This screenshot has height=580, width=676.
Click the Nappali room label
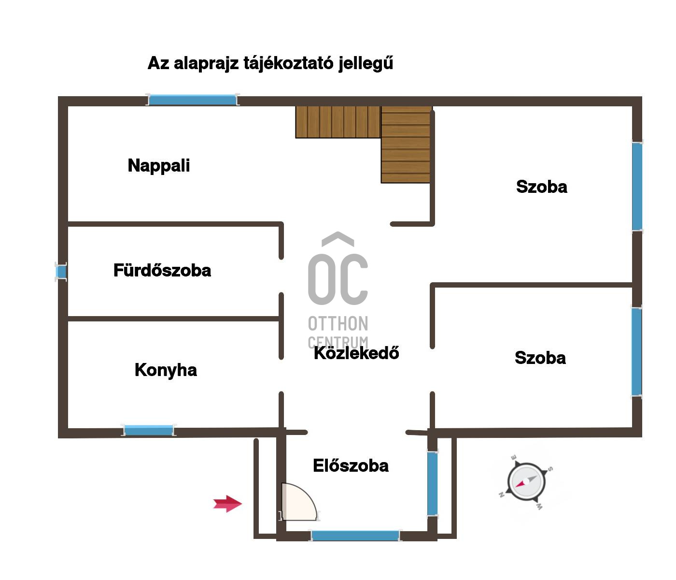point(158,166)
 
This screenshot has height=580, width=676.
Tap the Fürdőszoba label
point(162,270)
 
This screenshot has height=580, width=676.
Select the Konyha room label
point(166,371)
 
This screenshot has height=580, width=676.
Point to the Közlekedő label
point(356,353)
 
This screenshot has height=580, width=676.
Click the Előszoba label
point(351,465)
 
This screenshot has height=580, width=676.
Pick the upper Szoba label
point(542,187)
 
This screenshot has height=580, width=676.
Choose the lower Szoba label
point(540,358)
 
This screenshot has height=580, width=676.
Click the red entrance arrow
point(227,504)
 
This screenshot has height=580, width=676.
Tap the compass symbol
point(526,482)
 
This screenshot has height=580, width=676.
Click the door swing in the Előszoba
point(299,501)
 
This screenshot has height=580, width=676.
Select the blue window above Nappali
point(193,100)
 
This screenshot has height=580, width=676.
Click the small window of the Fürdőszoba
point(61,272)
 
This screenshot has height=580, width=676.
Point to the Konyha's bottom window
point(149,430)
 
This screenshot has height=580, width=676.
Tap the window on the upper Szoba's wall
point(637,187)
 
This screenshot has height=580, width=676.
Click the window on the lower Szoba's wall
point(636,352)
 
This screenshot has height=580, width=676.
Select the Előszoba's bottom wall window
point(355,536)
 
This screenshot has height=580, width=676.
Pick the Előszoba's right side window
point(432,484)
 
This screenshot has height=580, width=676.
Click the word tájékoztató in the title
point(288,63)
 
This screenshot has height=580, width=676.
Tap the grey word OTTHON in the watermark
point(338,323)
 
